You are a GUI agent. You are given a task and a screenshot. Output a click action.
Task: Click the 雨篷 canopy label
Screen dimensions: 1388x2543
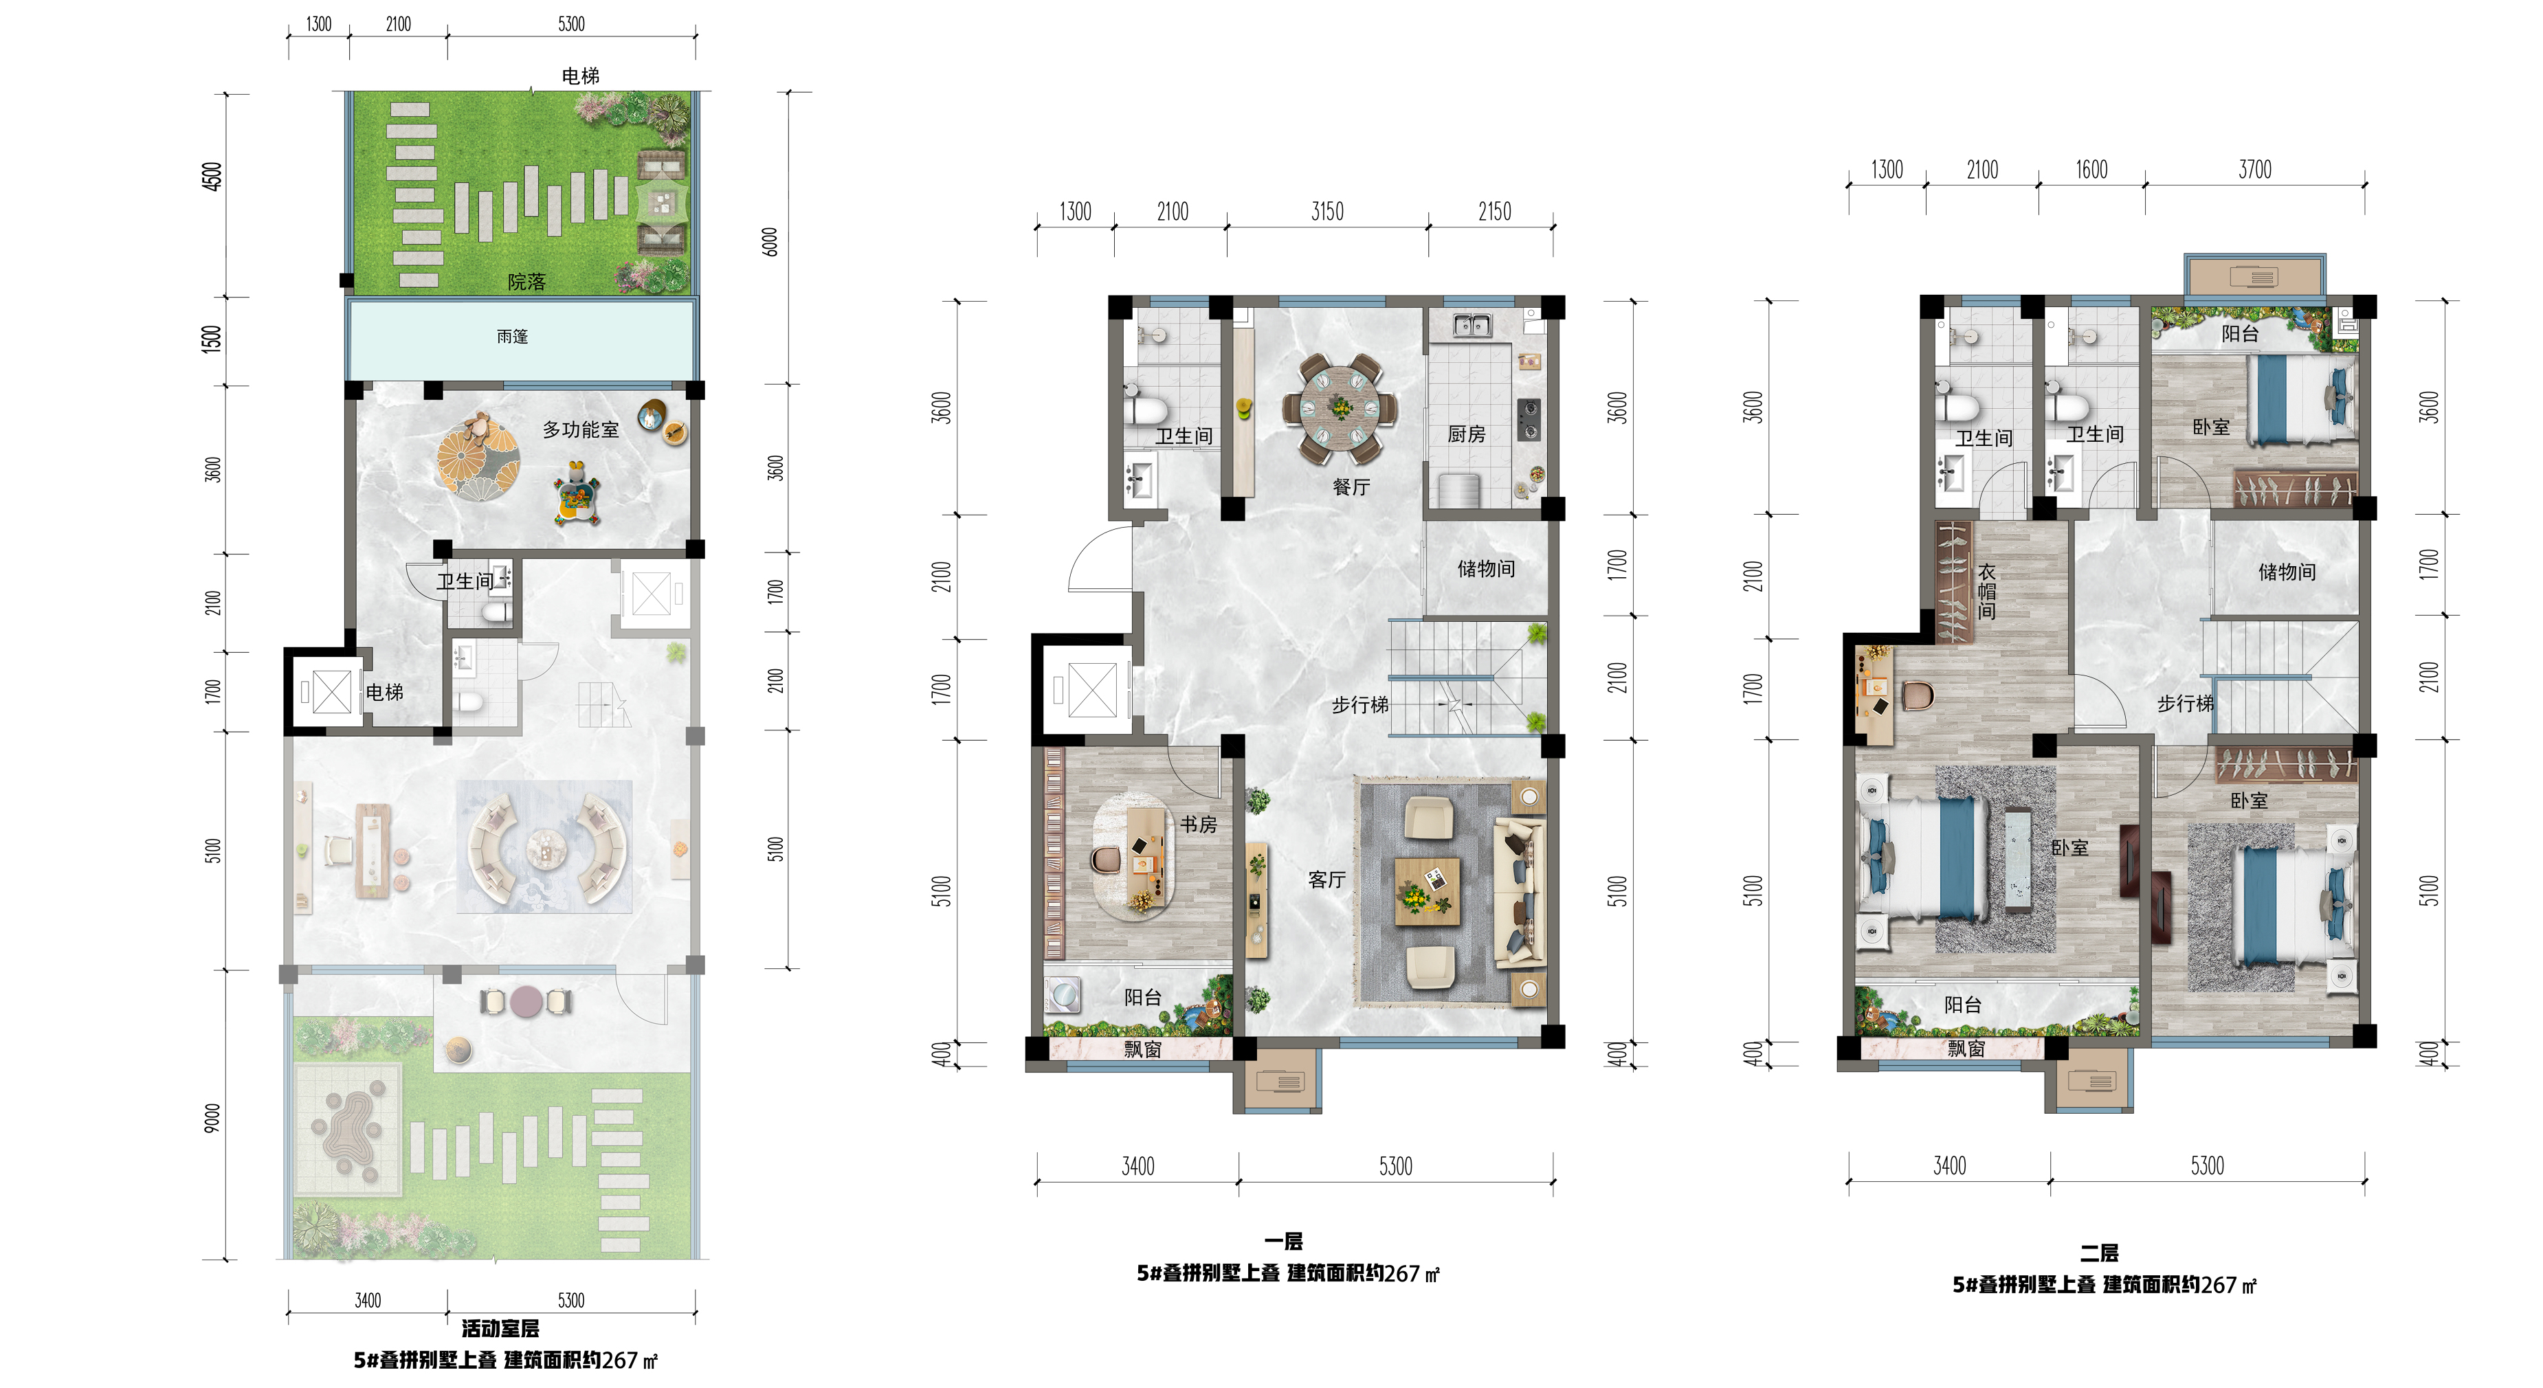click(511, 337)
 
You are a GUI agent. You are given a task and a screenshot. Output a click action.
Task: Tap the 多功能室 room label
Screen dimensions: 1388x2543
click(581, 429)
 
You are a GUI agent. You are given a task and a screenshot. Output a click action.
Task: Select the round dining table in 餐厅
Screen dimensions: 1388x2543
click(1340, 407)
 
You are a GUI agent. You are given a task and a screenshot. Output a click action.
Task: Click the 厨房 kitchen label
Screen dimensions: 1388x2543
click(1466, 434)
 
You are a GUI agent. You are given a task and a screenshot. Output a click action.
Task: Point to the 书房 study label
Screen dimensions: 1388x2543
click(1199, 825)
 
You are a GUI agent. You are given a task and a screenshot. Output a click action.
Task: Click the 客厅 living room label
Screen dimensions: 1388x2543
click(1326, 880)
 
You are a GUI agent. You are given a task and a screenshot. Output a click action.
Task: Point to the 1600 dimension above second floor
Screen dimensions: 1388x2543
click(2091, 170)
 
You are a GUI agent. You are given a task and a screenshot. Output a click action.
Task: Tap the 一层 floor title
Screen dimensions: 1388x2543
click(1283, 1242)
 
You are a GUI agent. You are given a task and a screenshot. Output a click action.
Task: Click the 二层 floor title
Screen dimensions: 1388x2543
click(2099, 1253)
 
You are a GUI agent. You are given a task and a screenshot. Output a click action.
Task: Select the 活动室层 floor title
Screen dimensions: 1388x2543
click(500, 1329)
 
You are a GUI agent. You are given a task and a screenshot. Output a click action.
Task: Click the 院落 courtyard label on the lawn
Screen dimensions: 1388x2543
click(526, 282)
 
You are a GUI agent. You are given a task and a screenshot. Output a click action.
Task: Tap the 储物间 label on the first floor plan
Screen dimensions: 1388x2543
click(1486, 569)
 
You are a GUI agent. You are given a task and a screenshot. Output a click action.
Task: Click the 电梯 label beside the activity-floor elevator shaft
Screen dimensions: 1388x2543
click(384, 692)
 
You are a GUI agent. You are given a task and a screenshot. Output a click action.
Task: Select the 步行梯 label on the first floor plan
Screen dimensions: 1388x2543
click(1359, 705)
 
